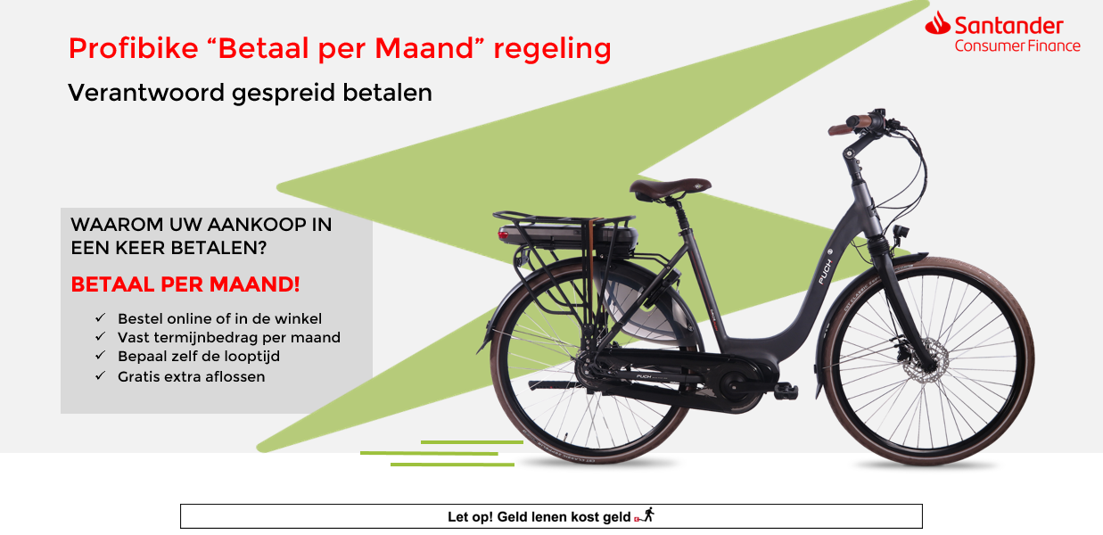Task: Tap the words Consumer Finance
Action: coord(1017,45)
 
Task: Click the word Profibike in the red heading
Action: coord(133,49)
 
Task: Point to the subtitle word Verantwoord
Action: coord(146,93)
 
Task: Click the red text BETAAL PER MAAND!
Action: coord(185,284)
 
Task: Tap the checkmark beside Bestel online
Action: coord(101,317)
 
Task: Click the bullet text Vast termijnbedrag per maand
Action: coord(229,337)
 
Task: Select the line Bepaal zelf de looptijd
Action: coord(199,356)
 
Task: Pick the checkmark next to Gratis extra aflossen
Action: coord(101,376)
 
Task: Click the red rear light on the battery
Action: coord(503,235)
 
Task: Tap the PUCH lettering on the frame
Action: coord(826,272)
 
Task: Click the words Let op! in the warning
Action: coord(470,517)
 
